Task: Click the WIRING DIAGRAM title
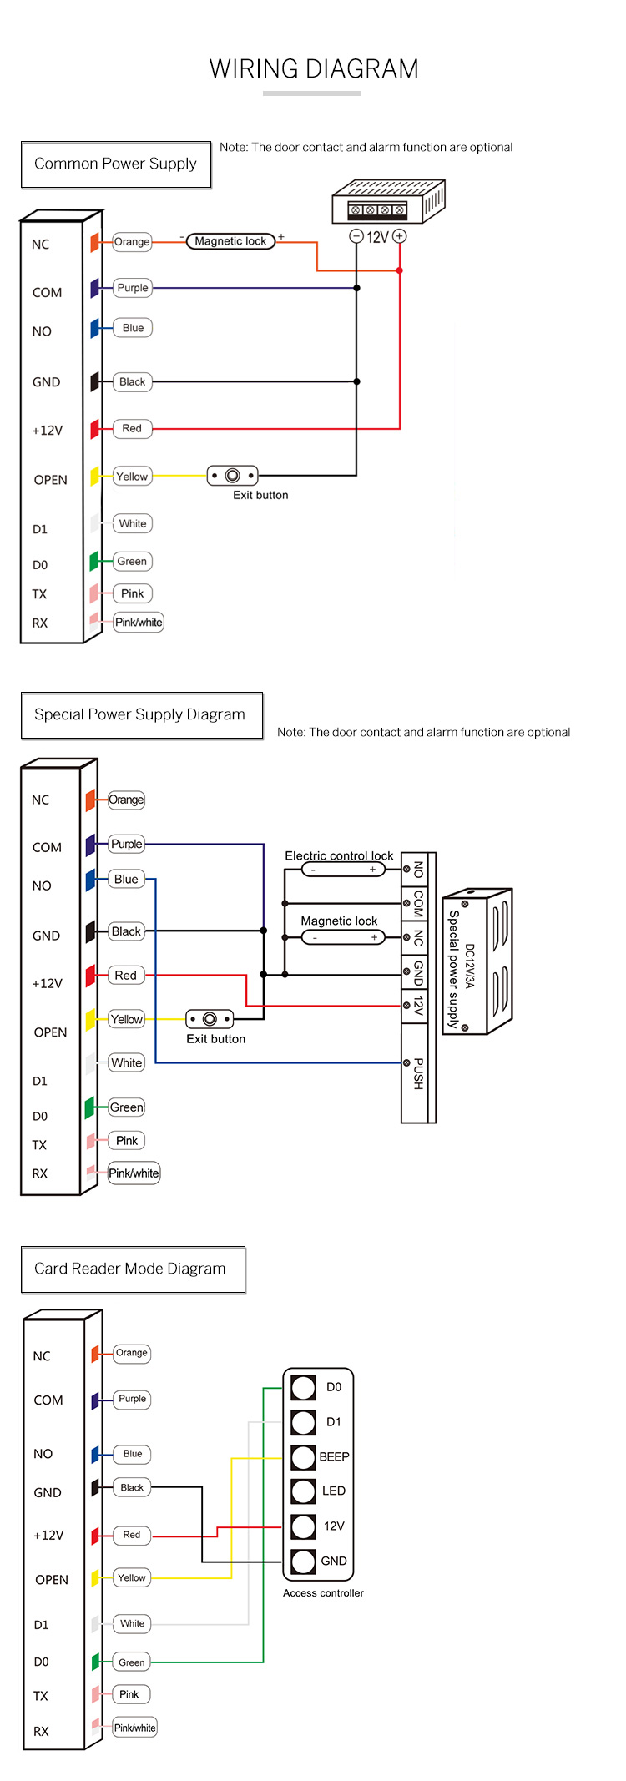click(x=314, y=68)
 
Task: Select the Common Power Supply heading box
click(x=116, y=164)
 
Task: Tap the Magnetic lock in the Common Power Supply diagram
click(x=230, y=241)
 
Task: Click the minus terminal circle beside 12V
click(x=356, y=236)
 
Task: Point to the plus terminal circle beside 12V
click(x=400, y=236)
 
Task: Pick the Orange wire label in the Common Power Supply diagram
click(x=132, y=242)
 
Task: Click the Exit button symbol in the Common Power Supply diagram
click(x=232, y=476)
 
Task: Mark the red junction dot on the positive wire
click(x=400, y=270)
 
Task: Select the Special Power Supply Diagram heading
click(x=141, y=715)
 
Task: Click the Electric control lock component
click(x=342, y=870)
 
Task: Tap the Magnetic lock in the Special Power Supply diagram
click(x=343, y=937)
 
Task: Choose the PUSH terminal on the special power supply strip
click(x=417, y=1073)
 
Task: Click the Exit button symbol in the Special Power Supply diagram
click(x=210, y=1019)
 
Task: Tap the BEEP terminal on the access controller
click(x=304, y=1456)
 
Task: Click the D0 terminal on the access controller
click(x=304, y=1387)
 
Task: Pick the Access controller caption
click(x=323, y=1592)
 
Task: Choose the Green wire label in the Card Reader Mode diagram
click(x=132, y=1662)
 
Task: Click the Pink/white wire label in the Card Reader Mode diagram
click(x=134, y=1727)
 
